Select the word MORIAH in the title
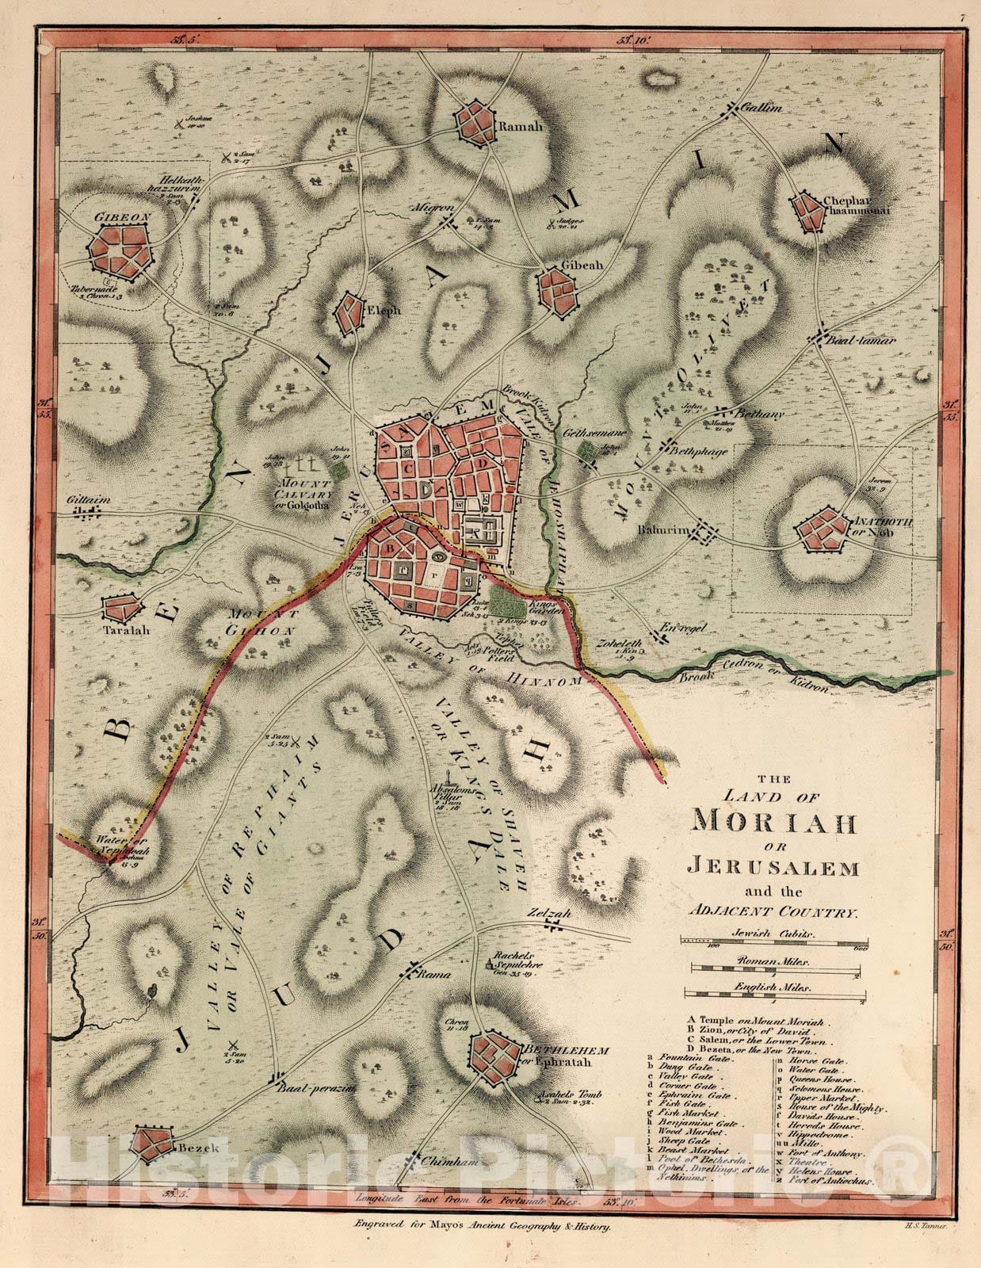[x=774, y=822]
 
